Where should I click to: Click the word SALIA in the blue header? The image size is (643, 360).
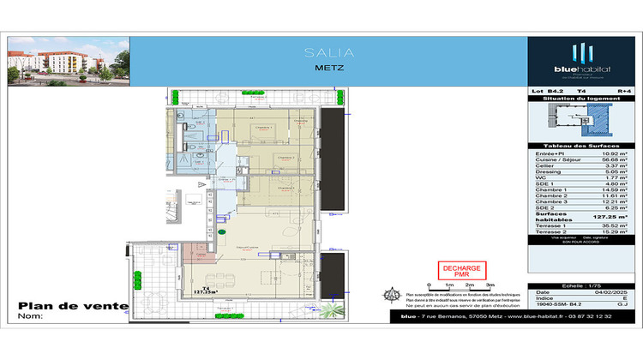click(x=328, y=53)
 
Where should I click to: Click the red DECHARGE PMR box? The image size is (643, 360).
click(x=461, y=271)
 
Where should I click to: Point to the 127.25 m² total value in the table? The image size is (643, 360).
click(x=599, y=219)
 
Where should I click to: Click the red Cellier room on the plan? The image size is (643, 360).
click(x=199, y=255)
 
